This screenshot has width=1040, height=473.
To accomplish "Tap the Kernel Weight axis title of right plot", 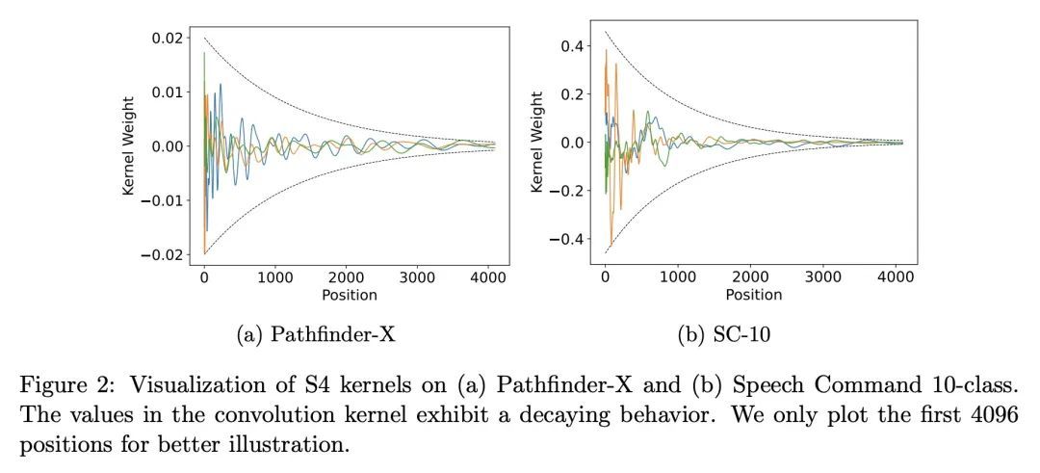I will tap(538, 142).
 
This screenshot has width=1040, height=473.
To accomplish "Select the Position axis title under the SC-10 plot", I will tap(753, 295).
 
